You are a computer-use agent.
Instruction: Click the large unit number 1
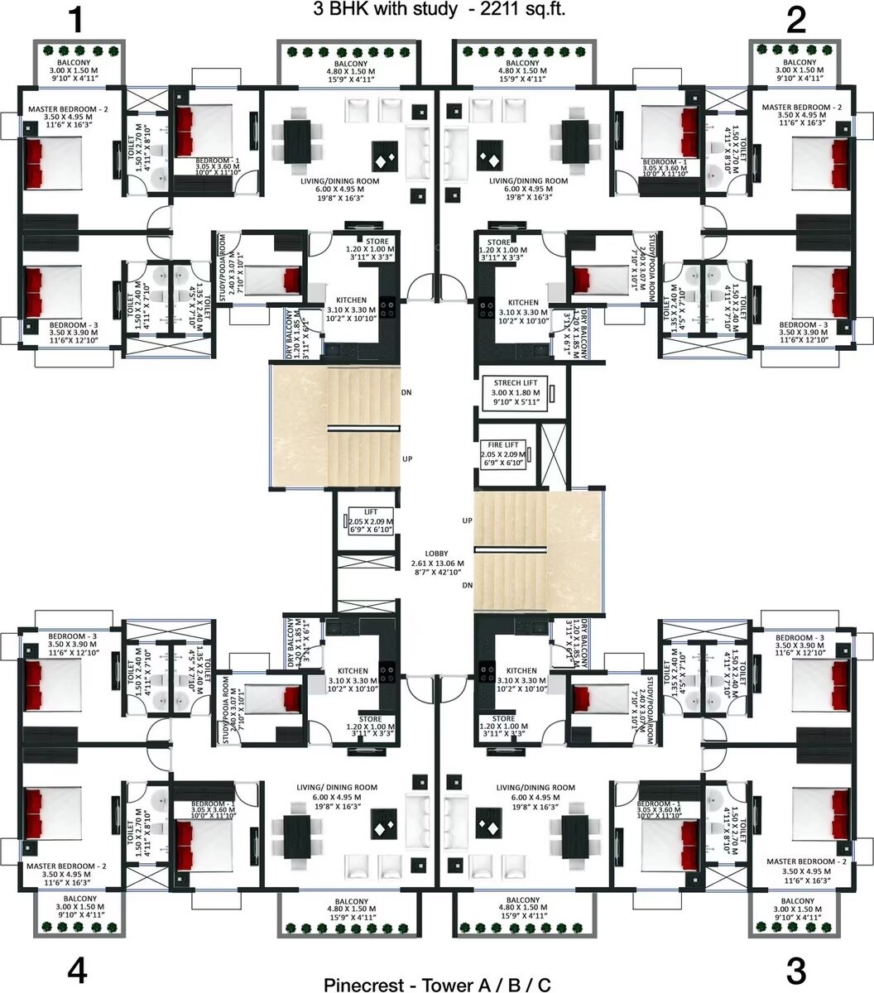coord(77,21)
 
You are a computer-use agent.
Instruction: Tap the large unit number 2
coord(796,21)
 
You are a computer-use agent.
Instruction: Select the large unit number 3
coord(796,970)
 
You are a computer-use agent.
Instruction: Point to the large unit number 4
coord(77,970)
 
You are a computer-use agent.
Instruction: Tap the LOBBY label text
coord(436,553)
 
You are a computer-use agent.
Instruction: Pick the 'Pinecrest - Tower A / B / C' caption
coord(437,984)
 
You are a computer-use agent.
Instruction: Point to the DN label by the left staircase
coord(406,392)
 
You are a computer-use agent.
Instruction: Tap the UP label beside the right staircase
coord(467,520)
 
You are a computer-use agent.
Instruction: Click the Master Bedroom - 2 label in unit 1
coord(68,108)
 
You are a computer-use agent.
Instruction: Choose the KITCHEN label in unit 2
coord(523,303)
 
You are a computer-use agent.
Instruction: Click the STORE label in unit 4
coord(370,718)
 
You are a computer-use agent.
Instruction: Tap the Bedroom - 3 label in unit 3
coord(800,637)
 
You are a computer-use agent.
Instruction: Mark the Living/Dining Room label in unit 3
coord(535,788)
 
